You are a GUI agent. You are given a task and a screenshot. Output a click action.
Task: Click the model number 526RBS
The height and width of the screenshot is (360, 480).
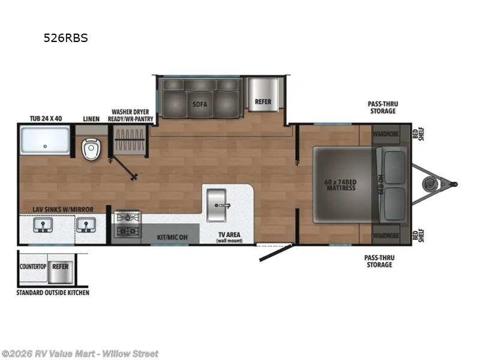point(65,38)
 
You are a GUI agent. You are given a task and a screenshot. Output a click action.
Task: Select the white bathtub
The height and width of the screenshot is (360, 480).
point(46,140)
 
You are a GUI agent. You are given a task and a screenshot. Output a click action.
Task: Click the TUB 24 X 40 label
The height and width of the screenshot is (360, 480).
point(46,118)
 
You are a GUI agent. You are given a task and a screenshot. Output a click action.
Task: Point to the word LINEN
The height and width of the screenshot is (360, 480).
point(91,118)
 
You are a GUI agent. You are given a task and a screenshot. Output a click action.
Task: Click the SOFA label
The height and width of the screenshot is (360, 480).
point(200,104)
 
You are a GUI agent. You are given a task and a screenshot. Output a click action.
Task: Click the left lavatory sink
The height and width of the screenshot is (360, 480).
point(42,225)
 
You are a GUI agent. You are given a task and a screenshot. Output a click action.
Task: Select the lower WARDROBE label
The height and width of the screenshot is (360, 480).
point(386,235)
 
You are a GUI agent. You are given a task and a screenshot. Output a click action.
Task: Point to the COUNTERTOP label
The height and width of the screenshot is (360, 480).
point(34,265)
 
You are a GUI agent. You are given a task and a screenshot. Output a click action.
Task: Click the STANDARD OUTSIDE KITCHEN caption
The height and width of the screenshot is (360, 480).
point(53,292)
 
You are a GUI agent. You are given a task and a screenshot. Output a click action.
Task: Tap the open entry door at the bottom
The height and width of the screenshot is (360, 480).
point(275,252)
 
